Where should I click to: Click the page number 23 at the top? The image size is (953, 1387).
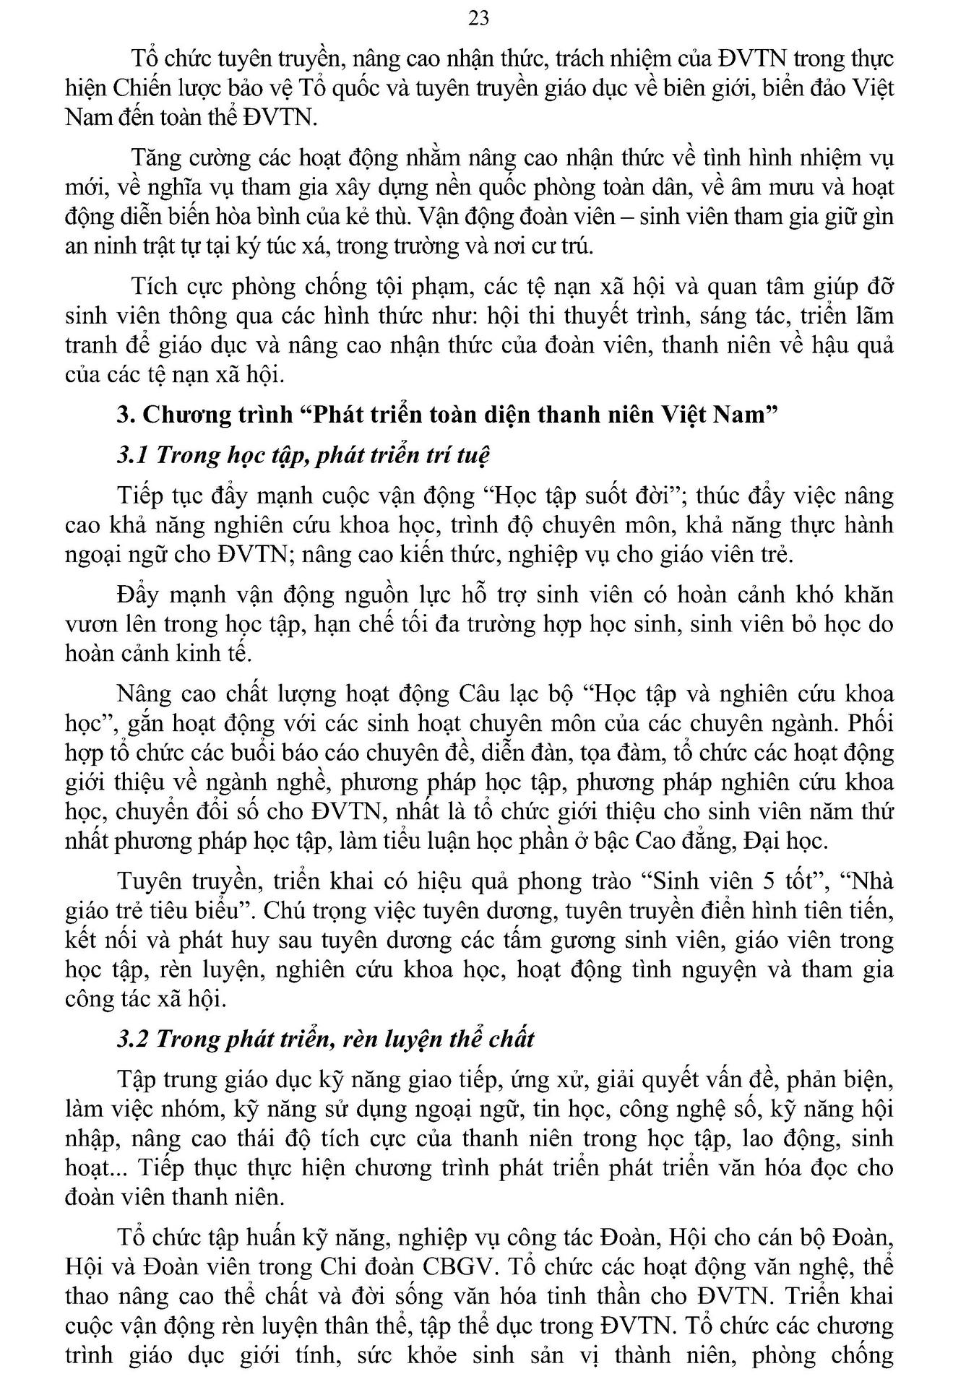click(x=478, y=18)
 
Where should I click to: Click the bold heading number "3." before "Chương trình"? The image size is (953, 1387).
click(x=127, y=415)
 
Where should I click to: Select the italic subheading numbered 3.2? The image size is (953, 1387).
click(x=326, y=1039)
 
